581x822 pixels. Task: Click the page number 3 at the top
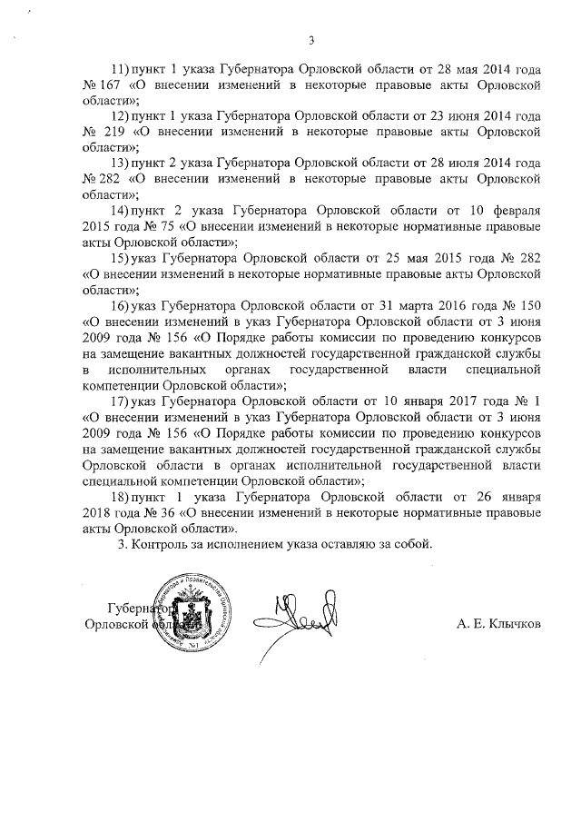[311, 40]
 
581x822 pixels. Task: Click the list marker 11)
[120, 69]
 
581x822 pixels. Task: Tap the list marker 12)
[120, 116]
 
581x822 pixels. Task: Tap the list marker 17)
[120, 401]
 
